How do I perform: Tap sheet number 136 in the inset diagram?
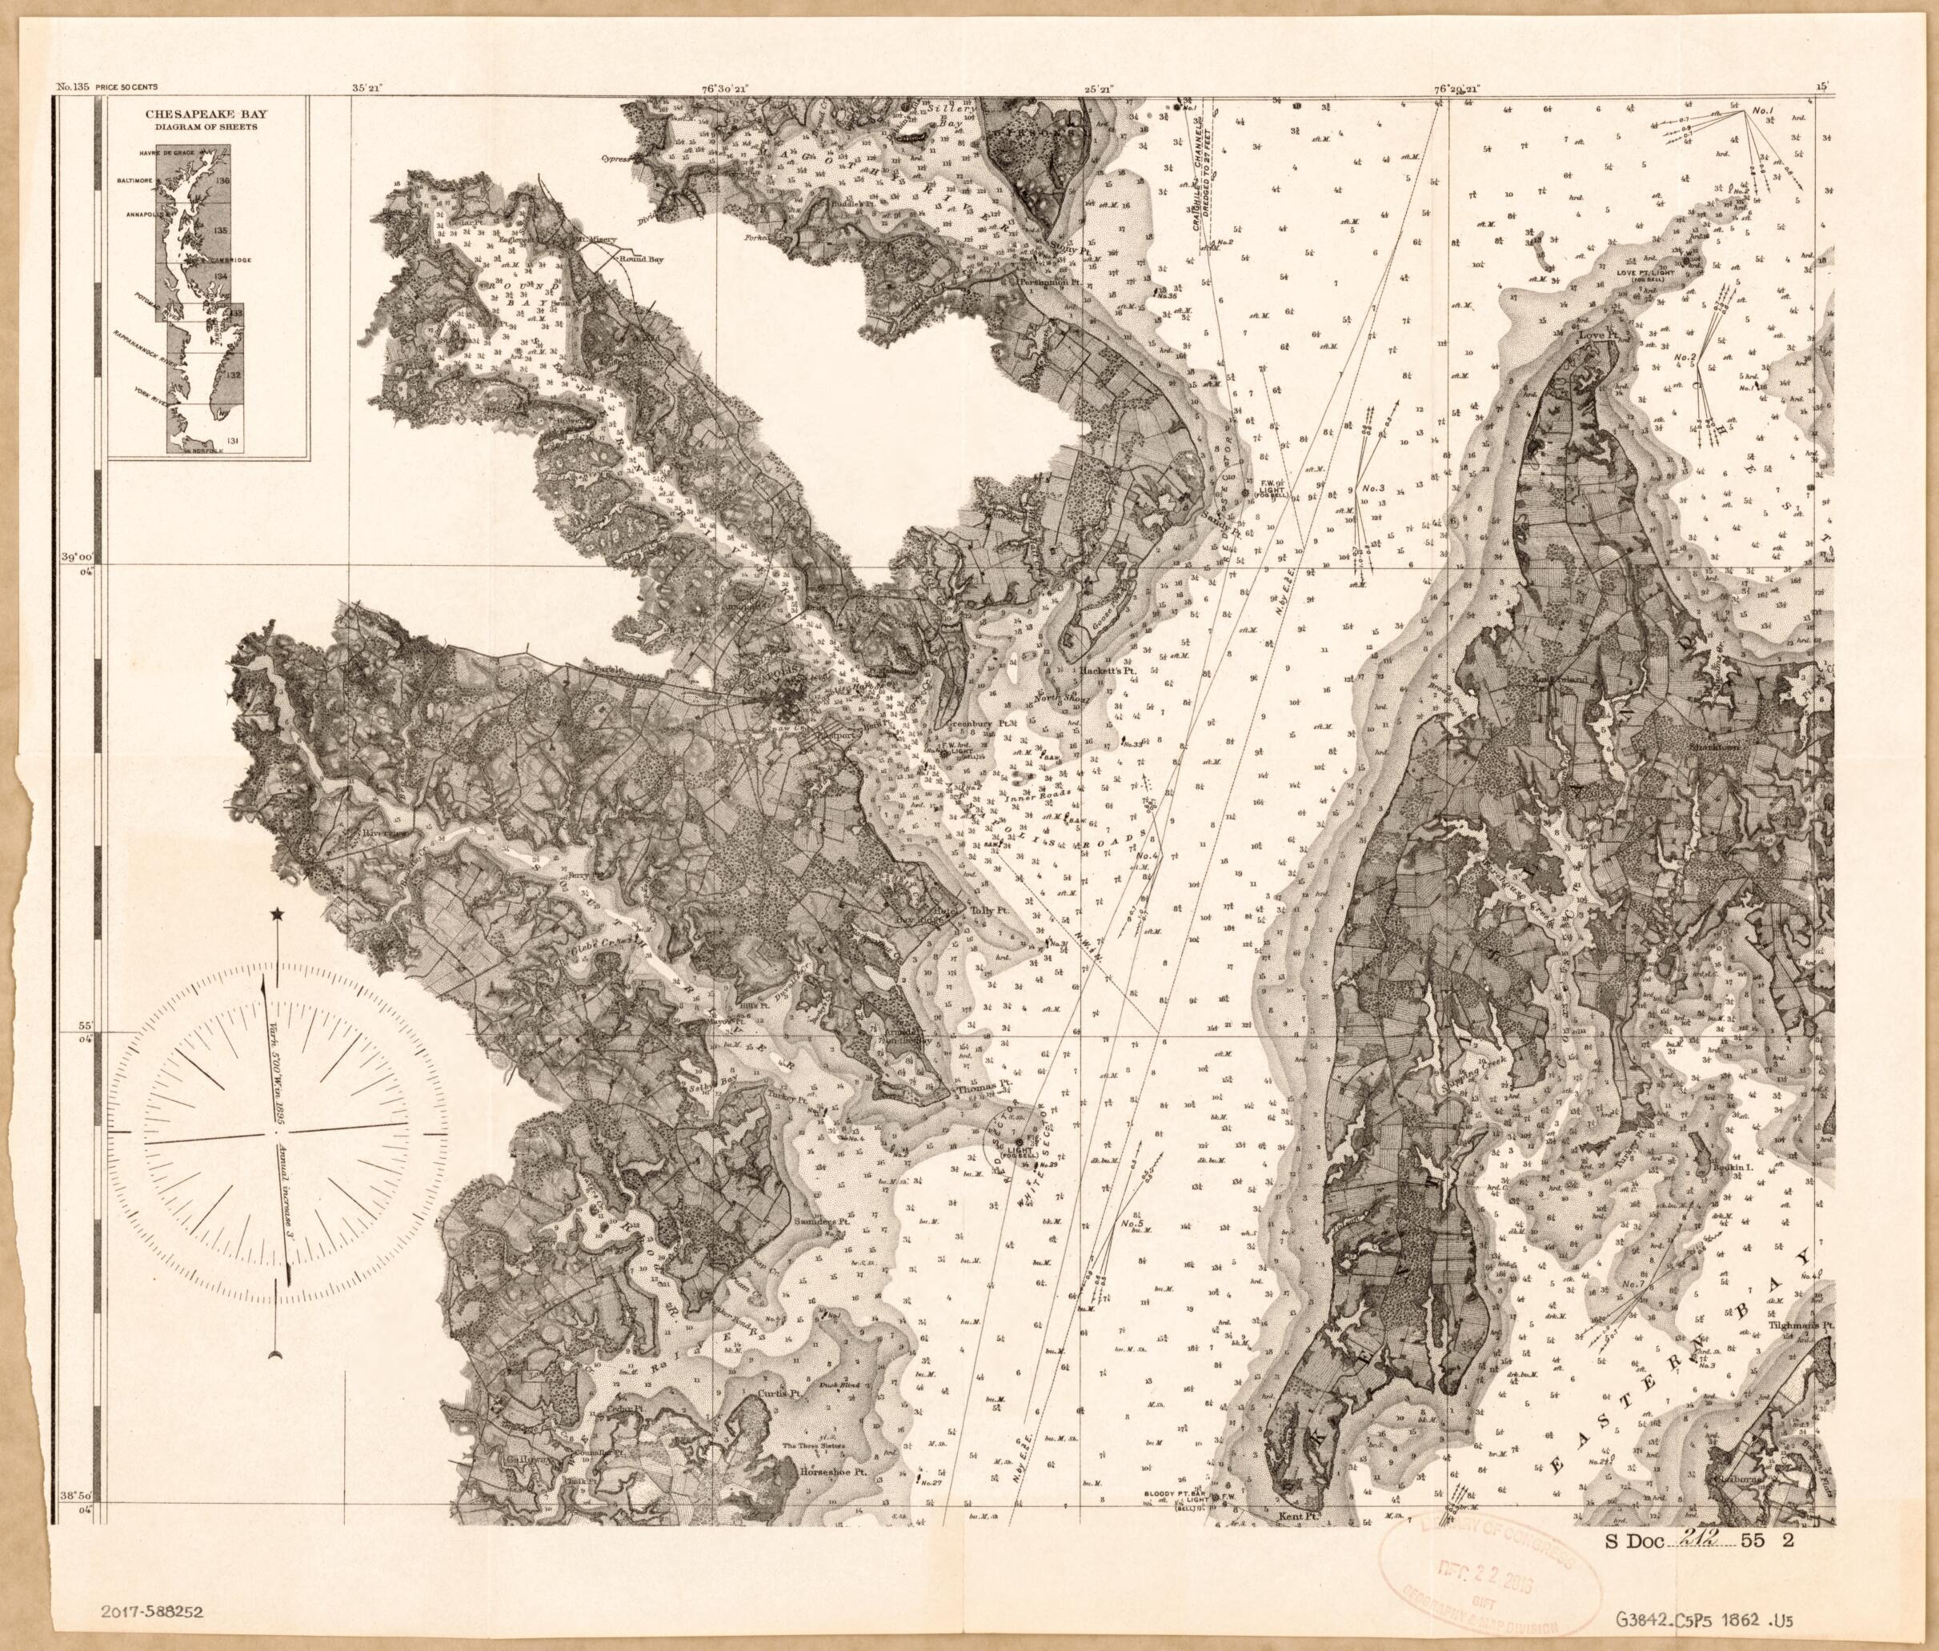tap(222, 180)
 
